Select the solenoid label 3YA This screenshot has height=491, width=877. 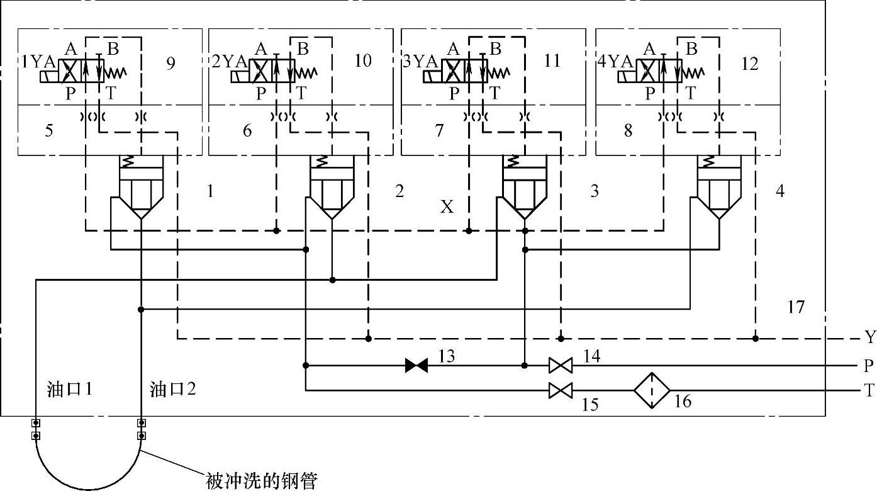(420, 61)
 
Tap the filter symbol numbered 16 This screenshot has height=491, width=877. (651, 390)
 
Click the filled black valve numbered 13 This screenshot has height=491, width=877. (416, 365)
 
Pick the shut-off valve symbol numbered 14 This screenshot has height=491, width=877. (560, 365)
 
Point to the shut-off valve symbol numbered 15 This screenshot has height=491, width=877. (560, 390)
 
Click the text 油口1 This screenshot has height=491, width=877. (70, 390)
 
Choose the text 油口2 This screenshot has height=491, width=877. (172, 390)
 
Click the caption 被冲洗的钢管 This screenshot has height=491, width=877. (262, 482)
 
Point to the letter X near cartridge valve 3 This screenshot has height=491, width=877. (447, 206)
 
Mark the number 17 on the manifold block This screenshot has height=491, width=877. (796, 307)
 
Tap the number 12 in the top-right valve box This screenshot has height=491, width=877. (750, 64)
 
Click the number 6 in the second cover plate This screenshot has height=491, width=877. (247, 130)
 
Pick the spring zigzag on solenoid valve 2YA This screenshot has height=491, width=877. (308, 72)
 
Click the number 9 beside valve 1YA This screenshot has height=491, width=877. (170, 64)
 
